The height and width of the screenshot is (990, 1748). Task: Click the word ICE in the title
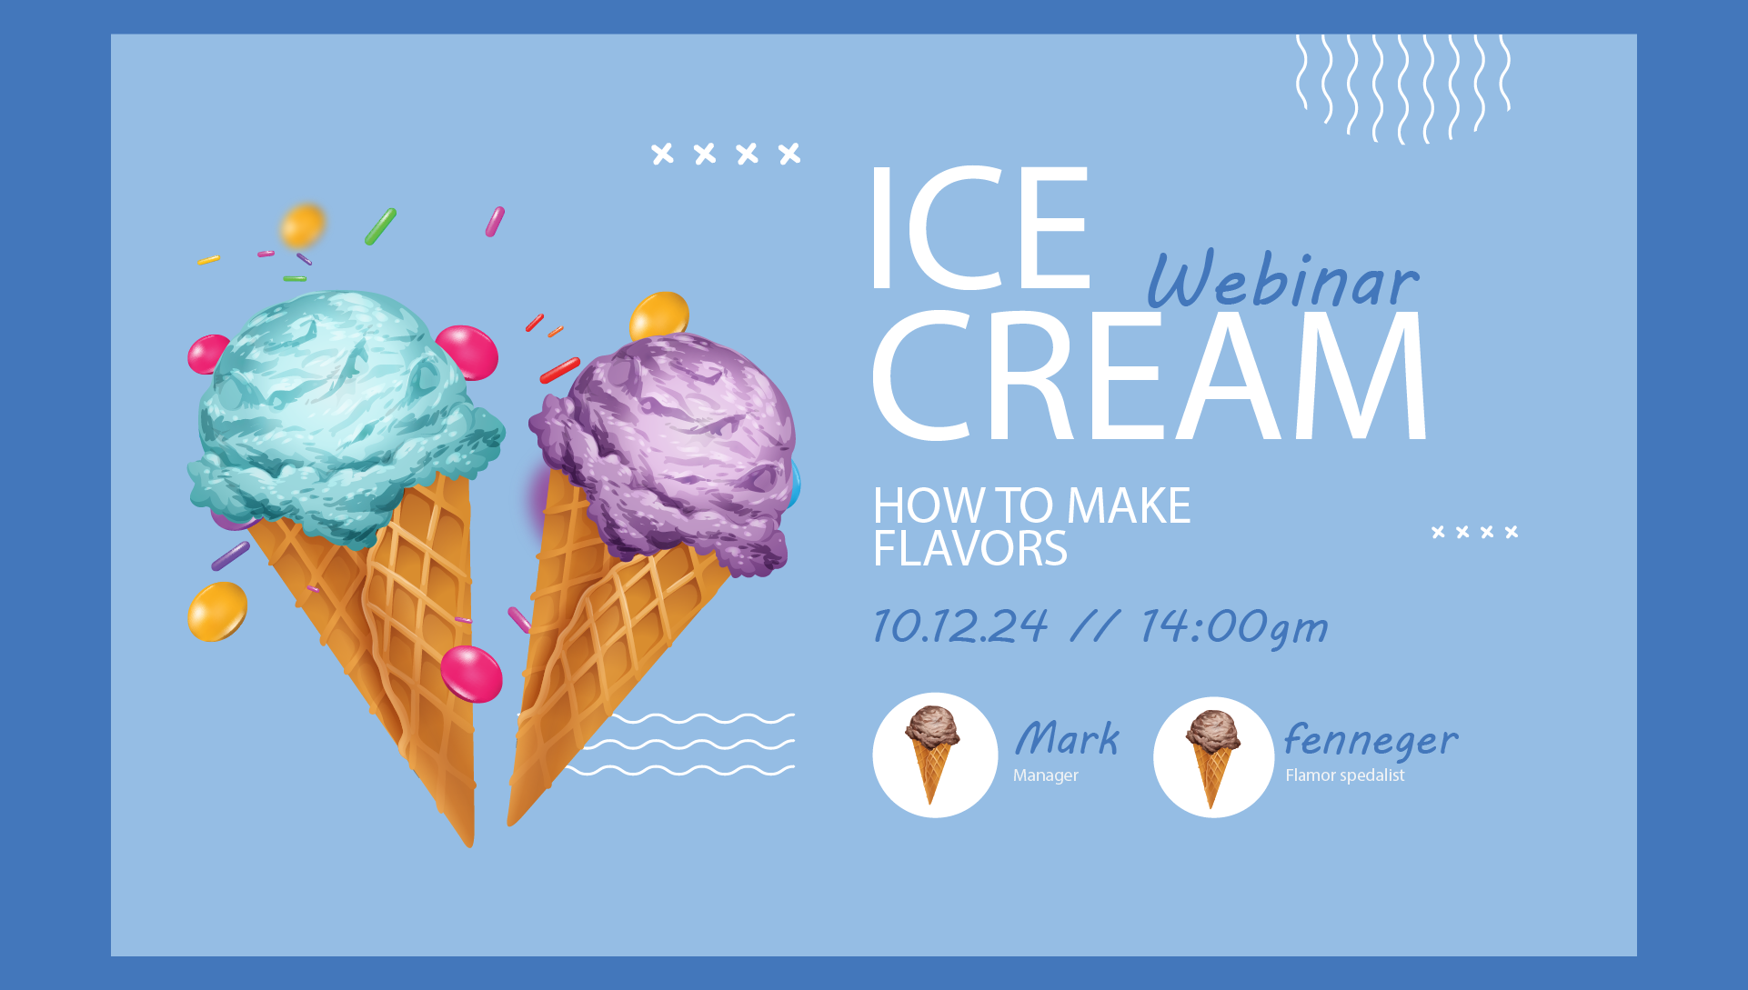click(x=980, y=228)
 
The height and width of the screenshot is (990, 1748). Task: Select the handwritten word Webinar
click(x=1282, y=278)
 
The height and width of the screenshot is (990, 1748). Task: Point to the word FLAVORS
click(x=969, y=549)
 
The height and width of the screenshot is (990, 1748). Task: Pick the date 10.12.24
click(x=960, y=625)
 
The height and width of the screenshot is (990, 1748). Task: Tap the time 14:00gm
click(x=1234, y=627)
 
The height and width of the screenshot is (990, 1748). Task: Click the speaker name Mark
click(x=1067, y=738)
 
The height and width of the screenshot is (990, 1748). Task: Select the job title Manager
click(x=1046, y=775)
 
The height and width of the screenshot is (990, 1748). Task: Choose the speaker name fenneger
click(x=1371, y=741)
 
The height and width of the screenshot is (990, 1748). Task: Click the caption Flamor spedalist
click(x=1344, y=775)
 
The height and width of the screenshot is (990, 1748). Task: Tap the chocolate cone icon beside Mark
click(x=932, y=754)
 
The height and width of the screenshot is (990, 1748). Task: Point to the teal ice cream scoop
click(x=344, y=414)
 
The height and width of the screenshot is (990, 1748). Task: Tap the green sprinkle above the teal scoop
click(x=380, y=226)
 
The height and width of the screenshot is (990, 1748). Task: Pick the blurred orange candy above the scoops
click(x=303, y=225)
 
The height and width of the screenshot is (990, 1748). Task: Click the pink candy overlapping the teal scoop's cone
click(x=471, y=674)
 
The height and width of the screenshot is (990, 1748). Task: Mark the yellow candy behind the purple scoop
click(x=658, y=315)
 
